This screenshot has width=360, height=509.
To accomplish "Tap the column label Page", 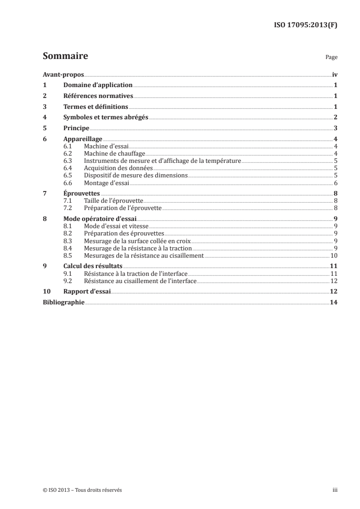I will click(x=331, y=58).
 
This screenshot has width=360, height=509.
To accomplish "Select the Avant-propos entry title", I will click(x=63, y=74).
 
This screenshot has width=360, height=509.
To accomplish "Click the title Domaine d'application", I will click(x=98, y=85).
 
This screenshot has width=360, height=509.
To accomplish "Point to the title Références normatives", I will click(x=98, y=96).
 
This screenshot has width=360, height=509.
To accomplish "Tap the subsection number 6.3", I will click(x=68, y=161).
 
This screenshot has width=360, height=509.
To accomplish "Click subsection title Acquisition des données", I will click(x=113, y=168).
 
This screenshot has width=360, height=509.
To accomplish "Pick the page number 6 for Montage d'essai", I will click(x=335, y=183).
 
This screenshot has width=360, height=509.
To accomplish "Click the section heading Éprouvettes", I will click(x=82, y=193).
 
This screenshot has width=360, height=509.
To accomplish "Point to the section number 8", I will click(x=44, y=218).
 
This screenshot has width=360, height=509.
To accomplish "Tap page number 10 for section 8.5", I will click(x=333, y=255).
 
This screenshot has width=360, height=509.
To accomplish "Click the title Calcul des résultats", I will click(x=93, y=266).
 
